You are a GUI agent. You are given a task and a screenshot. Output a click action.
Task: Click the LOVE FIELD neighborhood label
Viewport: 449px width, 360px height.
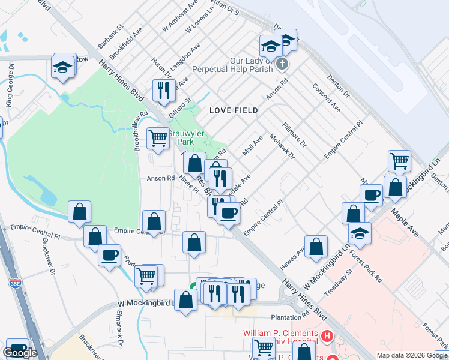click(234, 110)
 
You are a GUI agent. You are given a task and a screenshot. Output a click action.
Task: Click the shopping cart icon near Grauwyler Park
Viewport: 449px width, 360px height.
click(158, 139)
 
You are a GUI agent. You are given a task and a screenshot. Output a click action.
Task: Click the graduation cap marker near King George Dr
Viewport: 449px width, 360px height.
click(62, 67)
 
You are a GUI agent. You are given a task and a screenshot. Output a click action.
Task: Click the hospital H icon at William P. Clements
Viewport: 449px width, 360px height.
click(327, 334)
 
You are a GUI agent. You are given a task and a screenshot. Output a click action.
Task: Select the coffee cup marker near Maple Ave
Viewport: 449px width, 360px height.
click(372, 195)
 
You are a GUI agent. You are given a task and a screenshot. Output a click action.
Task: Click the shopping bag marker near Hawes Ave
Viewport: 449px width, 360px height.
click(316, 247)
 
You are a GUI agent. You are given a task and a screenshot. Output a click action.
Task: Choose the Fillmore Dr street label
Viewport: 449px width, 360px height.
click(294, 136)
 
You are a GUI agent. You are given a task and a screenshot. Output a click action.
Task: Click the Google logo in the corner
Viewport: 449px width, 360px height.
click(20, 353)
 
